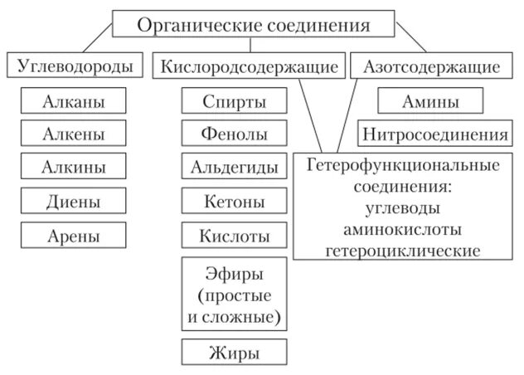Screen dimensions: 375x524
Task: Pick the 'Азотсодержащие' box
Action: coord(431,66)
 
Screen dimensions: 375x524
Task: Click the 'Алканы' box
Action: coord(74,101)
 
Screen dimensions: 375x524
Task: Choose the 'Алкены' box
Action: coord(74,134)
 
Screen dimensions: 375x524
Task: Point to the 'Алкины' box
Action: coord(74,167)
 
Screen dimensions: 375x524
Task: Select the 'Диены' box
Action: coord(74,201)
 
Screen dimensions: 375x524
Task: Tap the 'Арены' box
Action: coord(74,235)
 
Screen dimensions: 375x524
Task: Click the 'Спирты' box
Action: coord(234,101)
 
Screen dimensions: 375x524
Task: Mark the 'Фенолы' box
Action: coord(234,134)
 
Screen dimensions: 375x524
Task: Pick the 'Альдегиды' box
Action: coord(234,167)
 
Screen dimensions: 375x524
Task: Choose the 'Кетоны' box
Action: coord(234,201)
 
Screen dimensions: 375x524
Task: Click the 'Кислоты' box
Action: coord(234,235)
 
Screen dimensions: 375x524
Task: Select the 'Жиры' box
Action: coord(234,352)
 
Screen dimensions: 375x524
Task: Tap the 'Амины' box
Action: coord(430,101)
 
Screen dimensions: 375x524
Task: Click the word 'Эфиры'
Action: coord(234,273)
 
